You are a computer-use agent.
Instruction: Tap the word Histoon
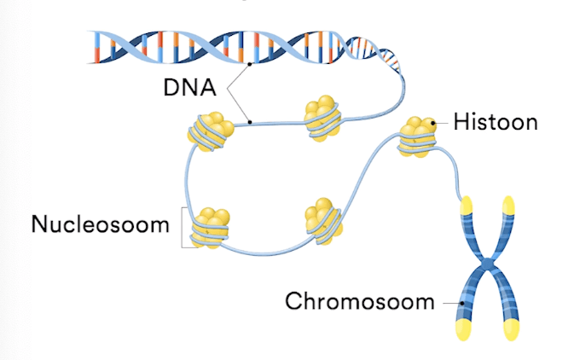[x=496, y=122]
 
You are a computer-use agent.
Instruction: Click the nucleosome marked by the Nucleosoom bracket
[x=211, y=227]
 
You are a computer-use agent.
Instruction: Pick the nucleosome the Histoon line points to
[x=419, y=135]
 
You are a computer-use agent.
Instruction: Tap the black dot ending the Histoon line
[x=435, y=123]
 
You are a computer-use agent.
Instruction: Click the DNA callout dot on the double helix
[x=249, y=63]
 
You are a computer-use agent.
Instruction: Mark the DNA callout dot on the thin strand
[x=249, y=122]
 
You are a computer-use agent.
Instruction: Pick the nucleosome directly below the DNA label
[x=210, y=129]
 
